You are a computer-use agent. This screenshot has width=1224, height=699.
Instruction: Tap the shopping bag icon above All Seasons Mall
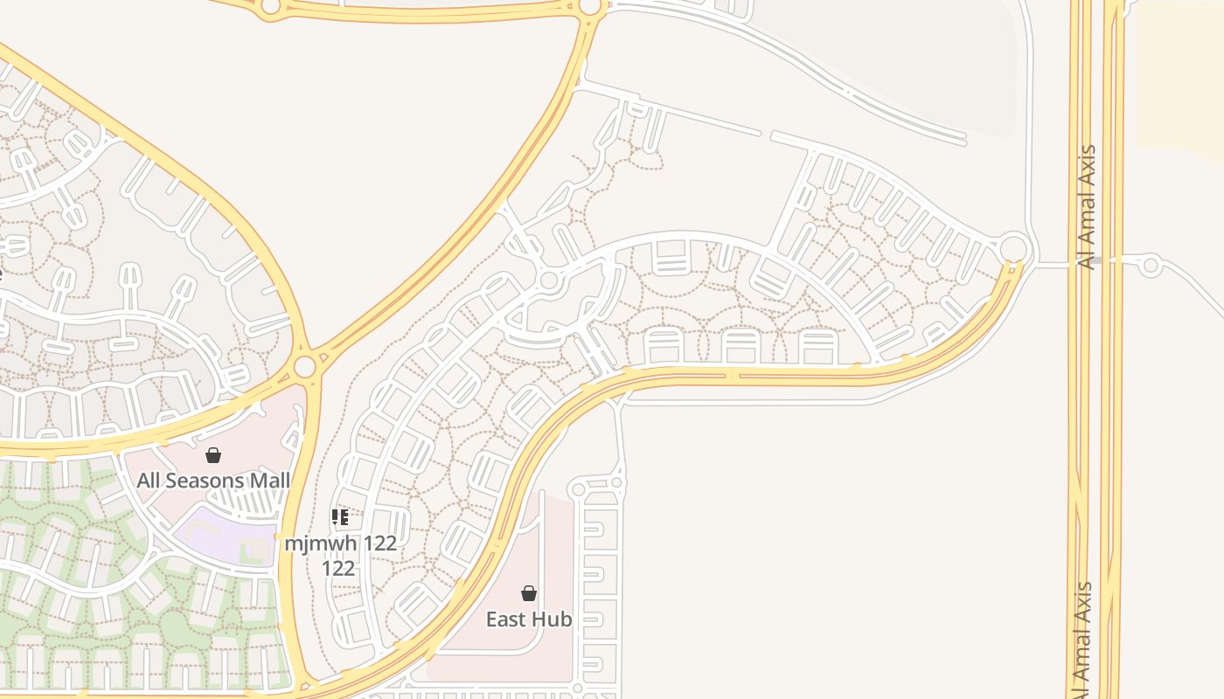coord(213,455)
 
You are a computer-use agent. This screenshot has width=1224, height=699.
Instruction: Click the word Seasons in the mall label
coord(206,481)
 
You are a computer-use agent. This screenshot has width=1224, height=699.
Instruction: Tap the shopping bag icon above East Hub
coord(529,594)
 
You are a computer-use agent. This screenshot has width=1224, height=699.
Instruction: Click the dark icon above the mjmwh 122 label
coord(340,517)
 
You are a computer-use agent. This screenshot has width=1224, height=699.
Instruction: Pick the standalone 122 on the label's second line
coord(338,569)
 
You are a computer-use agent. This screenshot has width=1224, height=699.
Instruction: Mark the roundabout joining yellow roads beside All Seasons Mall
coord(304,366)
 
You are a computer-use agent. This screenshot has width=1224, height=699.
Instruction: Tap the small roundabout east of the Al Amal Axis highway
coord(1151,264)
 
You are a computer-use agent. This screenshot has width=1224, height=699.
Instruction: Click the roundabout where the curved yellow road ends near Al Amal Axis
coord(1012,248)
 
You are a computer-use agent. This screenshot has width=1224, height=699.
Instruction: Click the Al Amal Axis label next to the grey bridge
coord(1088,206)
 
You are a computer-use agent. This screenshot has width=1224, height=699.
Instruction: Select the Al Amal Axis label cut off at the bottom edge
coord(1084,642)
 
